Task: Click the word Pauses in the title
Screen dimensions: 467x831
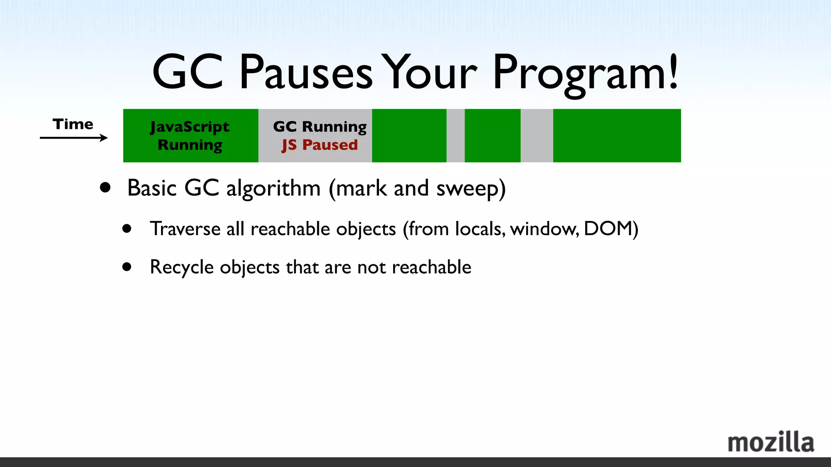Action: click(305, 73)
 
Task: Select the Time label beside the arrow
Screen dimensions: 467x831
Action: click(73, 124)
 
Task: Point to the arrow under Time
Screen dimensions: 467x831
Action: click(73, 138)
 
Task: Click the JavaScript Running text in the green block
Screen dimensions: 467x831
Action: click(190, 135)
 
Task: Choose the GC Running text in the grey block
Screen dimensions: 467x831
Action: click(320, 126)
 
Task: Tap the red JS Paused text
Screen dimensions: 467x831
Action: click(320, 145)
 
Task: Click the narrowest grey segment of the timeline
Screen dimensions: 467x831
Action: click(455, 135)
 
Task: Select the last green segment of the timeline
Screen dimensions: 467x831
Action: click(617, 135)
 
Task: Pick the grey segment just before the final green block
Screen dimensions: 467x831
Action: click(536, 135)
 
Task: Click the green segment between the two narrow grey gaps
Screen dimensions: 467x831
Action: click(492, 135)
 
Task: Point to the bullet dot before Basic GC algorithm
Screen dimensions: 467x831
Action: click(105, 187)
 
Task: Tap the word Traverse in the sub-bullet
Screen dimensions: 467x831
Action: click(185, 229)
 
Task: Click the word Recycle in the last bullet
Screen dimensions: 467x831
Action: click(181, 268)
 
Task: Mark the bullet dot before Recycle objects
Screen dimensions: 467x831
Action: click(127, 267)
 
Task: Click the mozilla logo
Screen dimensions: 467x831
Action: click(771, 442)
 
